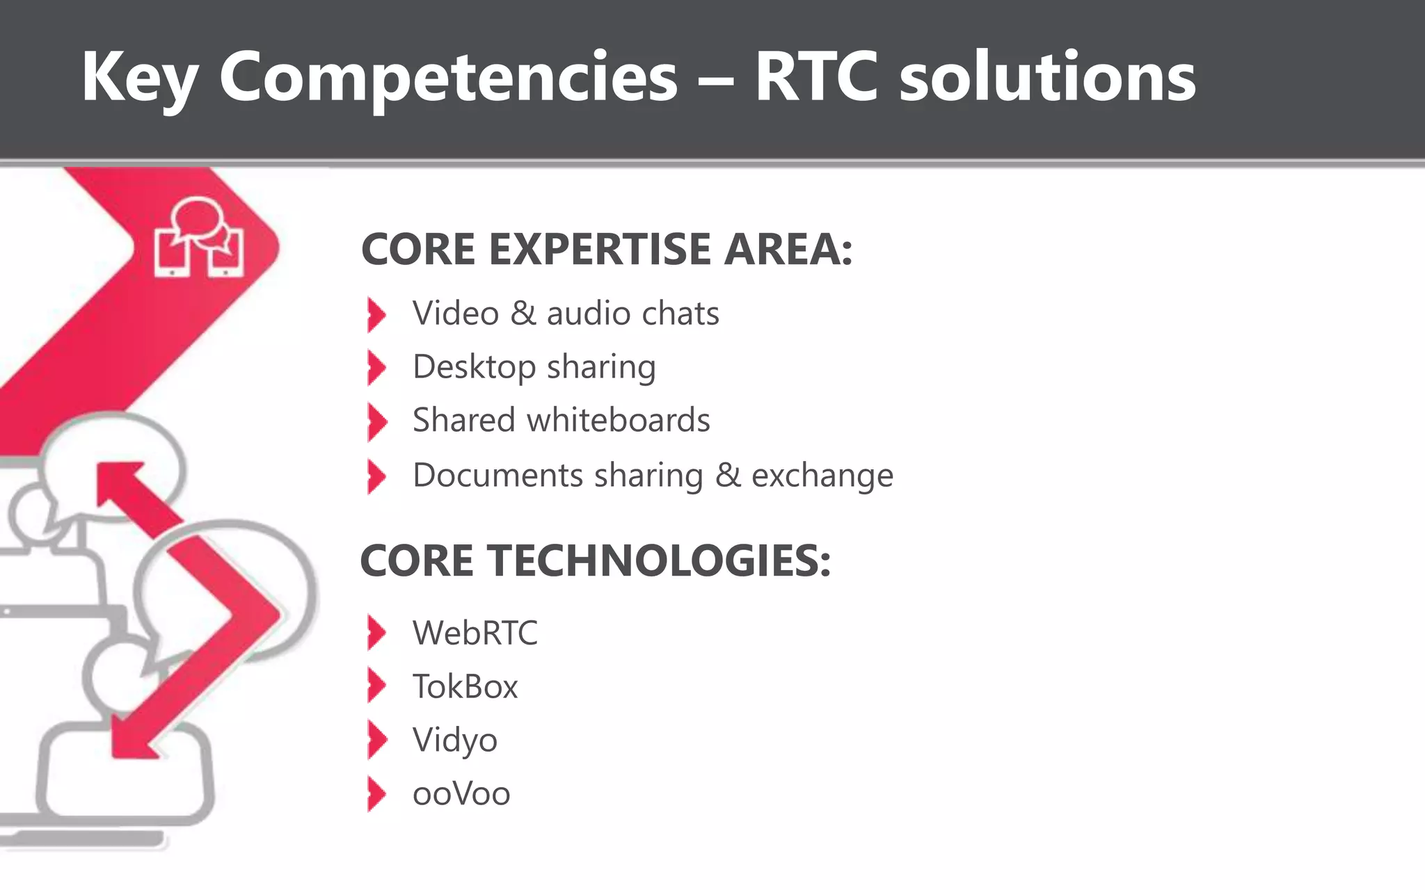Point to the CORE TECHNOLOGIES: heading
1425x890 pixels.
click(x=596, y=560)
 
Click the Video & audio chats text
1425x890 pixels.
click(x=566, y=314)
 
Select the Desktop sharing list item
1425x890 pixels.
click(x=534, y=367)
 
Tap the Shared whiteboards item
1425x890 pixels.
click(x=561, y=420)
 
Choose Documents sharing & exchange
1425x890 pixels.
click(x=653, y=476)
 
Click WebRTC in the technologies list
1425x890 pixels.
click(x=475, y=633)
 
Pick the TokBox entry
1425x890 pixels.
click(x=465, y=687)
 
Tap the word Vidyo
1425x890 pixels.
click(x=455, y=740)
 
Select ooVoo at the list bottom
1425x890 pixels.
click(x=461, y=794)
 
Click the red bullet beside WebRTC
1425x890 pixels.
click(x=376, y=633)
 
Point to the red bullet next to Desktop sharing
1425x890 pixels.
click(x=376, y=368)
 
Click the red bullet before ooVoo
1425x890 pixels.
click(x=376, y=794)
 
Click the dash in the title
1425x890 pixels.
click(x=715, y=81)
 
